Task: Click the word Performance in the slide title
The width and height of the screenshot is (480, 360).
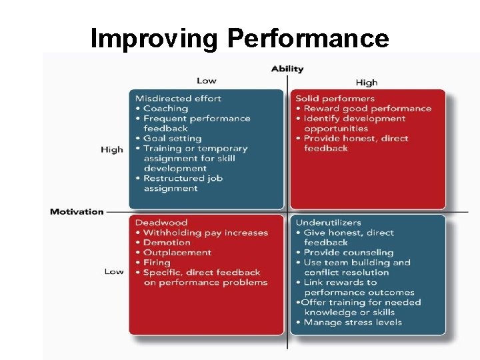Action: [x=308, y=39]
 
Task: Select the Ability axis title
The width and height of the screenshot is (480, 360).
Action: [x=287, y=69]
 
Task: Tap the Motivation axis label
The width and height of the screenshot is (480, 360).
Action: [x=77, y=212]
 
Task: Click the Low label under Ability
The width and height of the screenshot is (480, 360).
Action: [x=206, y=81]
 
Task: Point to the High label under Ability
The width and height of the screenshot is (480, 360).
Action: [x=366, y=83]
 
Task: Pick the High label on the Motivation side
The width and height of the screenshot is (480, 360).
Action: [x=112, y=149]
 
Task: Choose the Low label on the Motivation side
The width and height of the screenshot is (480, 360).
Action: [x=114, y=271]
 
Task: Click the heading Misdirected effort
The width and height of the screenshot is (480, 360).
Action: [x=178, y=99]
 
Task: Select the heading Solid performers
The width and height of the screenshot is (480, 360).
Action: [x=335, y=99]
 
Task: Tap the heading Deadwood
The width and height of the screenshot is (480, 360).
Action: [x=161, y=223]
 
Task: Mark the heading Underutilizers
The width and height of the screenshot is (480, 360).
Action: [x=329, y=223]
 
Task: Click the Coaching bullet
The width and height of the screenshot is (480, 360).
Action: [x=165, y=109]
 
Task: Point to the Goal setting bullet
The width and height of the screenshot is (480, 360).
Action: [x=171, y=139]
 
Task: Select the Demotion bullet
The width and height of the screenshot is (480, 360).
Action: [x=167, y=243]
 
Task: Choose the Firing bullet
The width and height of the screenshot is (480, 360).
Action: [x=157, y=263]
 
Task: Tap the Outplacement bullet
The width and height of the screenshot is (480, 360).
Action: [x=177, y=253]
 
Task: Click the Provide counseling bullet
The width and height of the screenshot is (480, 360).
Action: [x=348, y=253]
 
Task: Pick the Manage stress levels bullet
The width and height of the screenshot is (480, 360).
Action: [x=353, y=323]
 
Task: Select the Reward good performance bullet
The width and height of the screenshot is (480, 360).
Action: [x=367, y=109]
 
